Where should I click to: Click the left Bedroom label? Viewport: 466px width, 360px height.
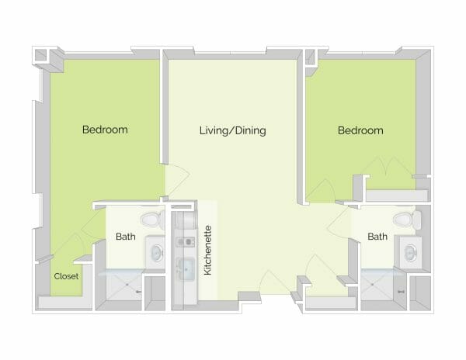click(105, 130)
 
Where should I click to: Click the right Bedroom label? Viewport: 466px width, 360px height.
click(360, 130)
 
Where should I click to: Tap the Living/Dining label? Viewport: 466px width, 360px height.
click(233, 130)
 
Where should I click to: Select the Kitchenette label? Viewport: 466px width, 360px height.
click(207, 250)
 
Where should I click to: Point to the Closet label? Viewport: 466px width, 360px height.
click(66, 276)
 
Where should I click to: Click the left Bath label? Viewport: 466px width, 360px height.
click(125, 237)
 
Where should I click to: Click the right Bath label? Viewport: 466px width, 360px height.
click(377, 237)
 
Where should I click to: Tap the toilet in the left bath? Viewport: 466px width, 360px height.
click(152, 220)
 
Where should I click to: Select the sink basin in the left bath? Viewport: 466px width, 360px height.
click(157, 253)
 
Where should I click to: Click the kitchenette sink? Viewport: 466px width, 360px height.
click(186, 269)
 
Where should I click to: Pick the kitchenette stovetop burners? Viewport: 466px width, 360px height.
click(185, 242)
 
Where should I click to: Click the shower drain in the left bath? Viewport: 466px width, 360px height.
click(127, 285)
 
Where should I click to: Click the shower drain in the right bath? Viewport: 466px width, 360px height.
click(373, 285)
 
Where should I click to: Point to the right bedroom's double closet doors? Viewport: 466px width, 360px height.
click(386, 172)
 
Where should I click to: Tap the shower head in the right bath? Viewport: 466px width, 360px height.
click(402, 292)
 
